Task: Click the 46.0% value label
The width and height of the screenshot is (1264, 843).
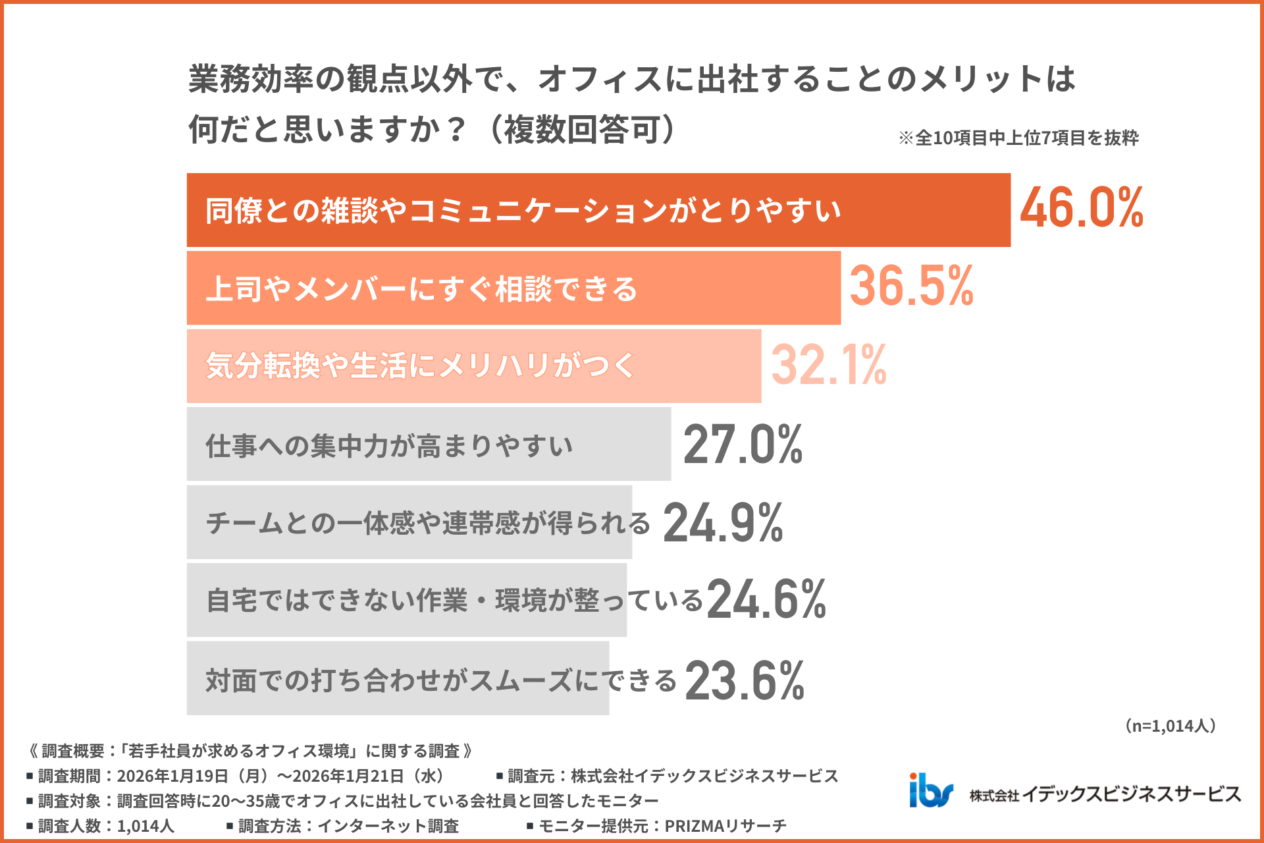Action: coord(1081,208)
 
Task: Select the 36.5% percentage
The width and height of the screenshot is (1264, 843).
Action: coord(911,286)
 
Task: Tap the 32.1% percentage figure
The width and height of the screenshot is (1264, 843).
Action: coord(828,365)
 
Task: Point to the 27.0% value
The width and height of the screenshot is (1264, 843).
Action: coord(743,445)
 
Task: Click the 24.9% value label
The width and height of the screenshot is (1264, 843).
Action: coord(723,523)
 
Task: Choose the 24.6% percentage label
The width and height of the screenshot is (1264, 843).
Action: coord(766,600)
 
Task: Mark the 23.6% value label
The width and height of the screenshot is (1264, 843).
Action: coord(744,681)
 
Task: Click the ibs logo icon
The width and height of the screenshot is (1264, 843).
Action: coord(930,790)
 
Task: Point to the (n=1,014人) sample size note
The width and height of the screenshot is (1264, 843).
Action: coord(1170,726)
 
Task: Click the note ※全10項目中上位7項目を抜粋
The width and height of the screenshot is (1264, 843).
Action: coord(1018,138)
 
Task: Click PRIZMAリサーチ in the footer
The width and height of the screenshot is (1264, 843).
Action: coord(725,826)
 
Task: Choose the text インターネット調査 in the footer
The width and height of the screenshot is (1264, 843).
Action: coord(388,826)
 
